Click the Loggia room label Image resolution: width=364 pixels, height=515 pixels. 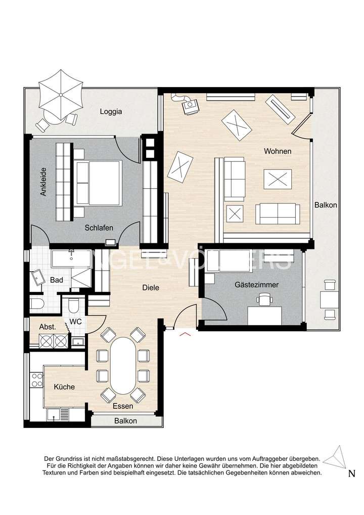pyautogui.click(x=111, y=112)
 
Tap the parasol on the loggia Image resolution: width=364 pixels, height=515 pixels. pyautogui.click(x=60, y=94)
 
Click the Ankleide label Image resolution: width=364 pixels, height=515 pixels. pyautogui.click(x=44, y=182)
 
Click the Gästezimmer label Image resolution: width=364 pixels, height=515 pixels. pyautogui.click(x=257, y=285)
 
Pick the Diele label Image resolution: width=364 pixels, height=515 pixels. pyautogui.click(x=151, y=287)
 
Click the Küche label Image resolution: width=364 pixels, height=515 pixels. pyautogui.click(x=64, y=387)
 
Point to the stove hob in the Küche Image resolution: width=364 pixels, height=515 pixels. pyautogui.click(x=37, y=380)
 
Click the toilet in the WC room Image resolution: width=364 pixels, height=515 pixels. pyautogui.click(x=73, y=306)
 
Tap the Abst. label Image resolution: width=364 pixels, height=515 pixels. pyautogui.click(x=48, y=327)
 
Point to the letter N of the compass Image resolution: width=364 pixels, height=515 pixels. pyautogui.click(x=351, y=474)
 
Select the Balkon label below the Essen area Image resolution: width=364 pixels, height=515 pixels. pyautogui.click(x=125, y=421)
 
